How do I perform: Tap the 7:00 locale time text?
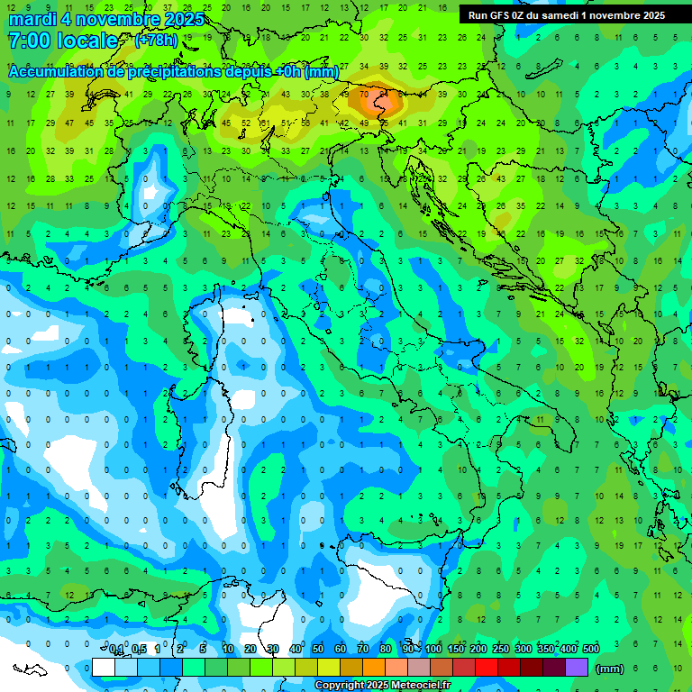(62, 41)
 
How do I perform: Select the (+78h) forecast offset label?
(156, 41)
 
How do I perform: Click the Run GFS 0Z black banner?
(566, 15)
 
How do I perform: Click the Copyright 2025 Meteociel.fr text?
(382, 686)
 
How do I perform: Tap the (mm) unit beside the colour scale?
(610, 668)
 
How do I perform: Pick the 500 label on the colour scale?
(591, 650)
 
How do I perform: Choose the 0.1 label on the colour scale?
(116, 650)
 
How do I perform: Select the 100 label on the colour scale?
(433, 650)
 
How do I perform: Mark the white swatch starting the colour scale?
(104, 667)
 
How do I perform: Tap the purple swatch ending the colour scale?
(577, 667)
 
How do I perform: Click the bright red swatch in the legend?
(487, 667)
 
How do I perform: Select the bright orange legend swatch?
(374, 667)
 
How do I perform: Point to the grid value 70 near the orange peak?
(364, 94)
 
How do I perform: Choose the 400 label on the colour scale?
(569, 650)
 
